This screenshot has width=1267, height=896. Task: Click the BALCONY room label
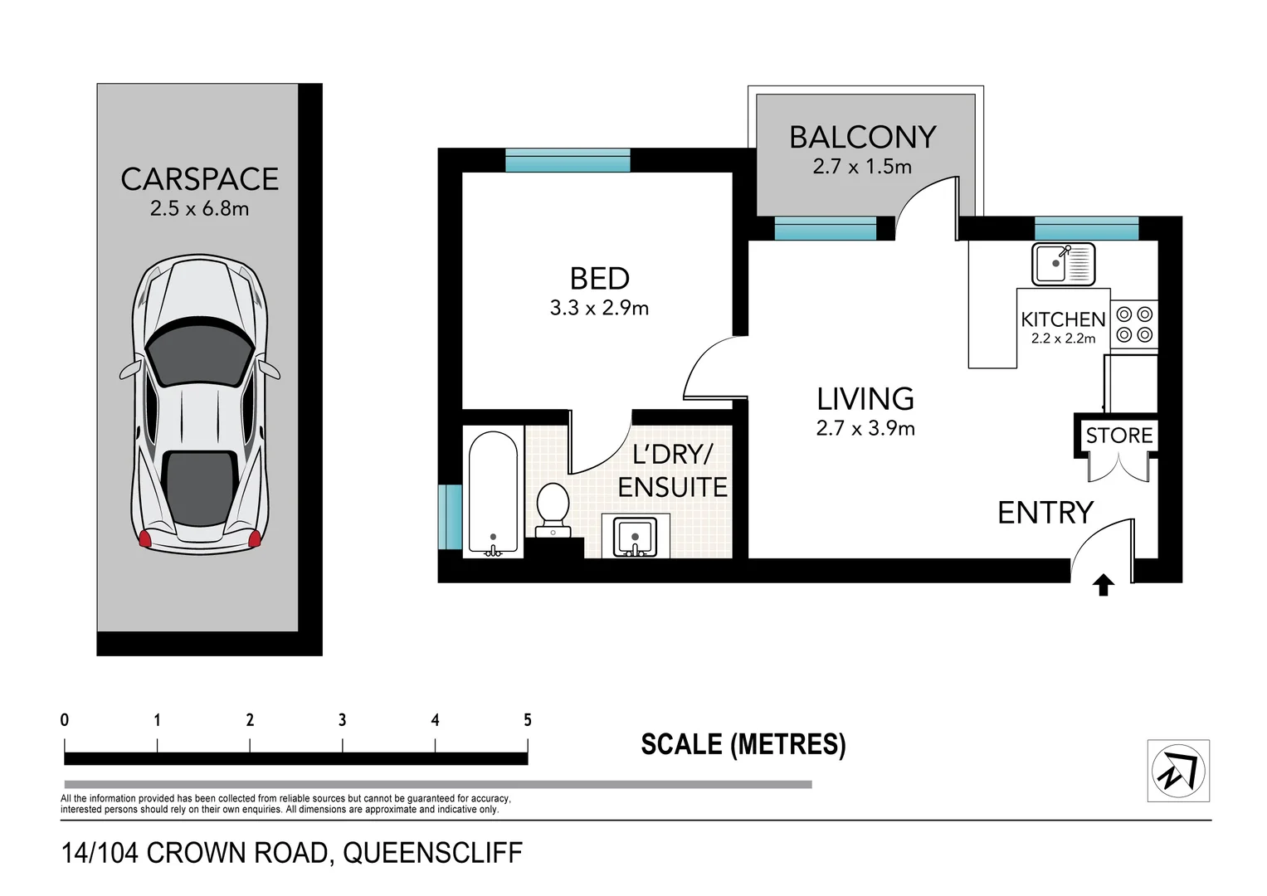point(862,137)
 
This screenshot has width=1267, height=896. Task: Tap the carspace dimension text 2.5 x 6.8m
point(199,208)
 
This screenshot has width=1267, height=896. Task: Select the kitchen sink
point(1062,264)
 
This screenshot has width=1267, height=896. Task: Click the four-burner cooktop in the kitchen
point(1133,324)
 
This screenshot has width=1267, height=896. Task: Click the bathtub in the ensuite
point(494,492)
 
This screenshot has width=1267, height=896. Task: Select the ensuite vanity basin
point(635,537)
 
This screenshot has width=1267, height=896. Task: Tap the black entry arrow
point(1103,586)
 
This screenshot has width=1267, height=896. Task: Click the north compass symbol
point(1178,771)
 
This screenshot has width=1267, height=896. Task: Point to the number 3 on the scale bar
point(342,720)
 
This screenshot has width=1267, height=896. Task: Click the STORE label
point(1118,436)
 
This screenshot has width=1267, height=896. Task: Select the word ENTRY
point(1045,513)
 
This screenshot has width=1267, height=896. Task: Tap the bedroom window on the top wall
point(568,160)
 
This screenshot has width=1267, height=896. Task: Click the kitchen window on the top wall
point(1086,228)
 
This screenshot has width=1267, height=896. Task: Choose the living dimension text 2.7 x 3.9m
point(865,428)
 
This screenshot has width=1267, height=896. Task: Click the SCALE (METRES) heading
point(743,744)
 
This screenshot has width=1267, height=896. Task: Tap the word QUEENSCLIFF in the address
point(432,853)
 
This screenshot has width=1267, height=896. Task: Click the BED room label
point(599,279)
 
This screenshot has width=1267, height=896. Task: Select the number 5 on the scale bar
point(527,720)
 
